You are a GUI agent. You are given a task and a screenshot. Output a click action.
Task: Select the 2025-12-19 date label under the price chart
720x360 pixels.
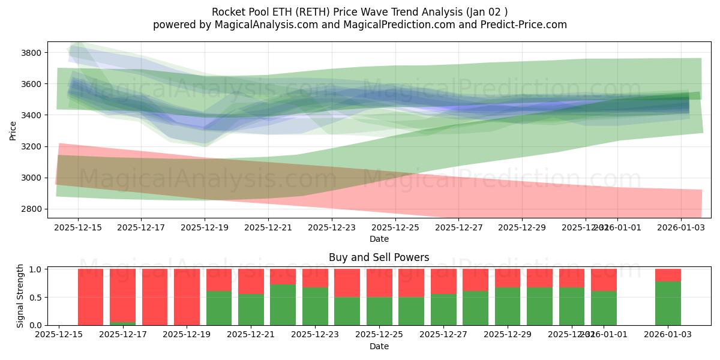205,227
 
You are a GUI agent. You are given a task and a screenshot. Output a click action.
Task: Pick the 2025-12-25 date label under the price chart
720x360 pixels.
395,227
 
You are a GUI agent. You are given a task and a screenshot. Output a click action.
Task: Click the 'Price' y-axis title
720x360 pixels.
13,130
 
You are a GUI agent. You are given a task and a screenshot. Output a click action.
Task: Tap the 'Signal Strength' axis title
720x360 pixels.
20,296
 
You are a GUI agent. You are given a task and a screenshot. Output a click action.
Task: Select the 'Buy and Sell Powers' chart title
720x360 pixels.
379,257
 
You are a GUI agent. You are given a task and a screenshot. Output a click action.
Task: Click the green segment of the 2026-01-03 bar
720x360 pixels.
668,304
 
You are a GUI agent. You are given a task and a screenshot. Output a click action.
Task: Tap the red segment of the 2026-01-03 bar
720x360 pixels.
668,275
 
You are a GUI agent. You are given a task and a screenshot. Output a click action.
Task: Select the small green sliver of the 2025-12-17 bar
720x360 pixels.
122,323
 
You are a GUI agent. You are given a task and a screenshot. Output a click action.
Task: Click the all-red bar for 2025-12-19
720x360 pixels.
187,297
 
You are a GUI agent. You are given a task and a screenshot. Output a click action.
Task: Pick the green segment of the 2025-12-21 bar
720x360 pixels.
251,310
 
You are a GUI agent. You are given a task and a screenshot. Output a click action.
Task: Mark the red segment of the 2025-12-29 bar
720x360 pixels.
508,278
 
